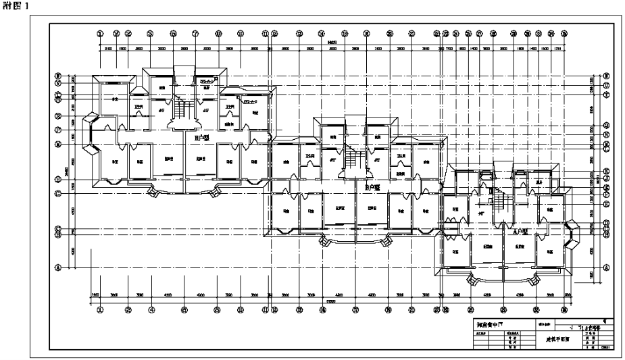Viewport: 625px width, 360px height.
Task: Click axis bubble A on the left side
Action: (x=58, y=267)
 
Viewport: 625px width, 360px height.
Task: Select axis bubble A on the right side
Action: (x=605, y=267)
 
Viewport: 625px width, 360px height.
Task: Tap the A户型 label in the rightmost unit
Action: (x=521, y=231)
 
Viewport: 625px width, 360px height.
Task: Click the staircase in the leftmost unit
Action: (x=179, y=108)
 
